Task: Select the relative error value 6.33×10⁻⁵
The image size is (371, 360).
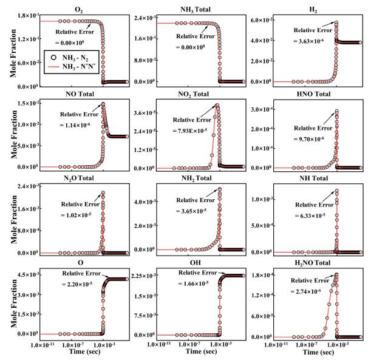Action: point(311,214)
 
